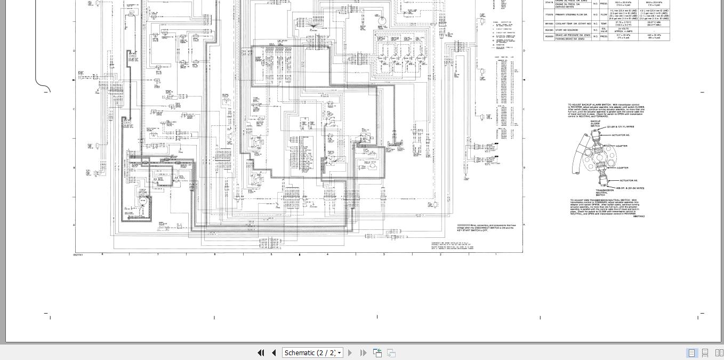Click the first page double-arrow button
click(261, 353)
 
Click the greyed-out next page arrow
click(350, 353)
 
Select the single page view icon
click(691, 353)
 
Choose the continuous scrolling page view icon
click(705, 353)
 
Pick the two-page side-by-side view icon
click(719, 353)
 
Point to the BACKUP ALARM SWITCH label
click(595, 124)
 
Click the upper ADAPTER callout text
click(622, 146)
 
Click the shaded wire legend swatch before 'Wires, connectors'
click(463, 226)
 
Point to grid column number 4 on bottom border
click(327, 254)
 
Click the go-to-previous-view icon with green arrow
click(377, 353)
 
